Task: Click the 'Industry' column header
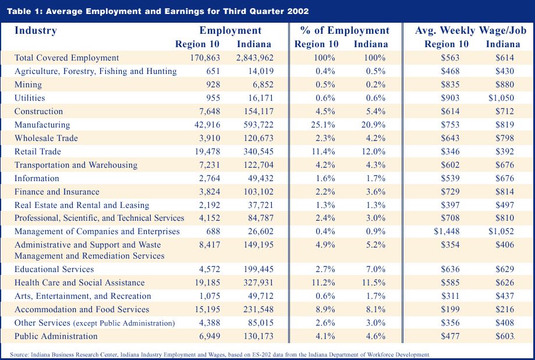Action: point(36,30)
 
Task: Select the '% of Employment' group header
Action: point(345,30)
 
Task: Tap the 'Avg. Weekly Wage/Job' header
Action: point(471,30)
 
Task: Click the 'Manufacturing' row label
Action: point(42,125)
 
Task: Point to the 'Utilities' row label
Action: point(30,98)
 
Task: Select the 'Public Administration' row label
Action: point(56,336)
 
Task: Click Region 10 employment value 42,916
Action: point(207,125)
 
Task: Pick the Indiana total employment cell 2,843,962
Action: point(255,58)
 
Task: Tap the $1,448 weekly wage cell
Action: point(447,231)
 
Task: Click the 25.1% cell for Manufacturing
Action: point(323,125)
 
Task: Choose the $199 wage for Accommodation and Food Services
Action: point(450,309)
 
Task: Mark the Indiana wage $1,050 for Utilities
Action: point(501,98)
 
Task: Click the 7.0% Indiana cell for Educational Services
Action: point(375,269)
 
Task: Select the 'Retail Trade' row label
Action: point(37,151)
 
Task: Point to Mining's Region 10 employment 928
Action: point(213,84)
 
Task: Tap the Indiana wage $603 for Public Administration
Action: point(505,336)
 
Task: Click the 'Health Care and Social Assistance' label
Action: point(80,283)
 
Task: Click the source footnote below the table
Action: point(219,355)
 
